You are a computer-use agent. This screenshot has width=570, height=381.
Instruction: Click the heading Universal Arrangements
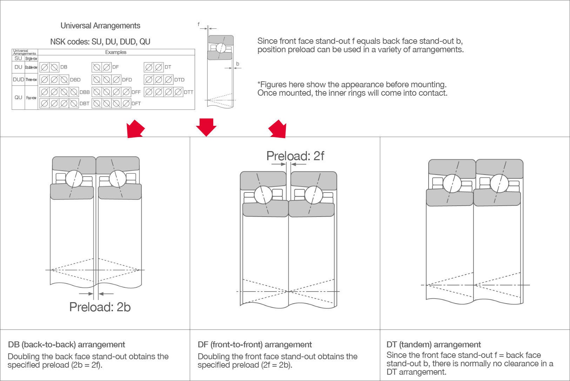pos(100,26)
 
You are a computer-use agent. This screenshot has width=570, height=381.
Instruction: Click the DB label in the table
pos(64,67)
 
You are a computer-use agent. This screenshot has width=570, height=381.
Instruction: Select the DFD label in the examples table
pos(127,80)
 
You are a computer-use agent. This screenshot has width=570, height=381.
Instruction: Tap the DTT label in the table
pos(188,92)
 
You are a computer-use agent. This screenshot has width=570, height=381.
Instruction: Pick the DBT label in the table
pos(84,103)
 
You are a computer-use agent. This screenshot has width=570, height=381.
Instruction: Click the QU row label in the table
pos(18,97)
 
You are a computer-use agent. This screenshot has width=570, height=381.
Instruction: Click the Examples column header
pos(116,52)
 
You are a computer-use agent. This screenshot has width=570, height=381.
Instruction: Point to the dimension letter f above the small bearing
pos(199,24)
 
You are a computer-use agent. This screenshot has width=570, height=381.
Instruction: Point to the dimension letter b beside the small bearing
pos(237,64)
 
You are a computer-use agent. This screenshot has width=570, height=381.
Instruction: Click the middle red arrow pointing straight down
pos(206,127)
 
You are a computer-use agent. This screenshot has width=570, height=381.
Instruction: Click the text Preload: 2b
pos(100,307)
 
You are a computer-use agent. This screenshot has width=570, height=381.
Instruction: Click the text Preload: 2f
pos(295,156)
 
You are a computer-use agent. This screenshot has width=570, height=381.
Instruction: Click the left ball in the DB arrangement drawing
pos(74,179)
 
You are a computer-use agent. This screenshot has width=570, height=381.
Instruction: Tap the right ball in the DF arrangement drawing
pos(313,195)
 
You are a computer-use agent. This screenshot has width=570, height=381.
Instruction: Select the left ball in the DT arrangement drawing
pos(452,183)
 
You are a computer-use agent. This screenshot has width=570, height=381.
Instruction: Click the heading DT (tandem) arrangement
pos(434,345)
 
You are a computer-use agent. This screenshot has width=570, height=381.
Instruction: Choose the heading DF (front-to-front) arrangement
pos(255,345)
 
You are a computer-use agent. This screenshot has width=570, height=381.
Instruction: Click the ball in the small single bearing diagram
pos(221,48)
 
